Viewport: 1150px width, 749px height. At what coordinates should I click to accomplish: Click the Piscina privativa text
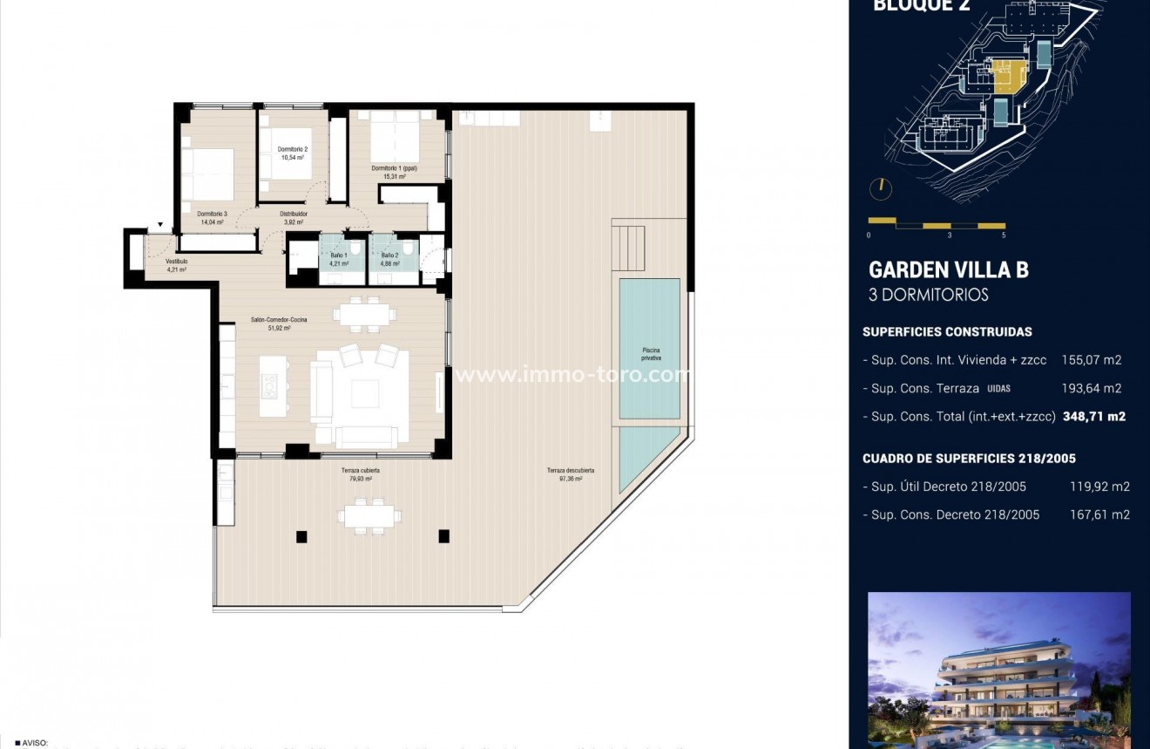pyautogui.click(x=651, y=354)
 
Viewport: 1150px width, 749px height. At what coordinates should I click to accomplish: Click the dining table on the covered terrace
pyautogui.click(x=372, y=516)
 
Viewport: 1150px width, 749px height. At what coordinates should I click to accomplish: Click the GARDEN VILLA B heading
pyautogui.click(x=948, y=270)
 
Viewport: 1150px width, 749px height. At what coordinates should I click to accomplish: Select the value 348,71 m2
pyautogui.click(x=1093, y=417)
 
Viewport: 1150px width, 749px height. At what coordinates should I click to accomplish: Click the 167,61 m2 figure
pyautogui.click(x=1099, y=514)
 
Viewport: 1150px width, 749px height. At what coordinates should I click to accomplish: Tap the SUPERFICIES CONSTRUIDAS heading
pyautogui.click(x=947, y=332)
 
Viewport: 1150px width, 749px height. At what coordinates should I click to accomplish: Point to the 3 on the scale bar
pyautogui.click(x=949, y=235)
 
